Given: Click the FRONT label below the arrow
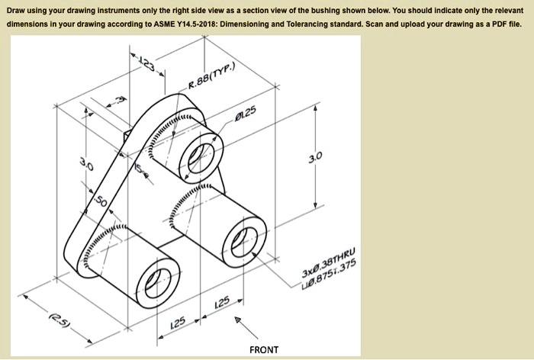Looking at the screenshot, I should [264, 350].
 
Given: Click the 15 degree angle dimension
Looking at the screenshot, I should [139, 172].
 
